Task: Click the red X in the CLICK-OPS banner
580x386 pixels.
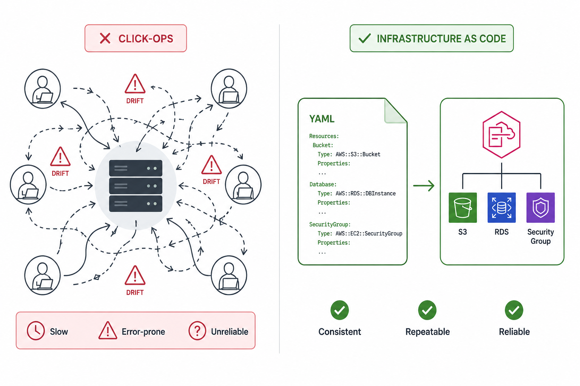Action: coord(105,38)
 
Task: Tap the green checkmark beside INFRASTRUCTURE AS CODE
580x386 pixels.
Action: coord(364,38)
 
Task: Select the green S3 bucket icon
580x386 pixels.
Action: coord(463,207)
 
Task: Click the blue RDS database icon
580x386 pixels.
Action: coord(501,207)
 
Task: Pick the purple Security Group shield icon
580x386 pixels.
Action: coord(541,207)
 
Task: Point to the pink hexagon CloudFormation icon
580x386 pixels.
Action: coord(501,135)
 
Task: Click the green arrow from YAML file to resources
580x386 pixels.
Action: coord(424,185)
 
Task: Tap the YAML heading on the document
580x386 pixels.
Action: coord(322,119)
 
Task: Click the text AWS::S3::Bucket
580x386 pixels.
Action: coord(358,154)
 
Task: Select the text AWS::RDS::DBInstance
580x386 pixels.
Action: coord(366,193)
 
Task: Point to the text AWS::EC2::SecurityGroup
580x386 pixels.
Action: coord(369,233)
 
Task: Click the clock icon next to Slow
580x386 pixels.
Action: coord(36,331)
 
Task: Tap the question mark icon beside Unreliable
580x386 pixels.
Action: coord(197,331)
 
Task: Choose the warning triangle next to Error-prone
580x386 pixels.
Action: coord(108,331)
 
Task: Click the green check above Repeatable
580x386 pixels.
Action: coord(427,310)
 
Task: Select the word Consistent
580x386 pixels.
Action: coord(340,332)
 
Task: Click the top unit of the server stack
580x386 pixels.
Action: coord(136,168)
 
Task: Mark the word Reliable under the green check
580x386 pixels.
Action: coord(514,332)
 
